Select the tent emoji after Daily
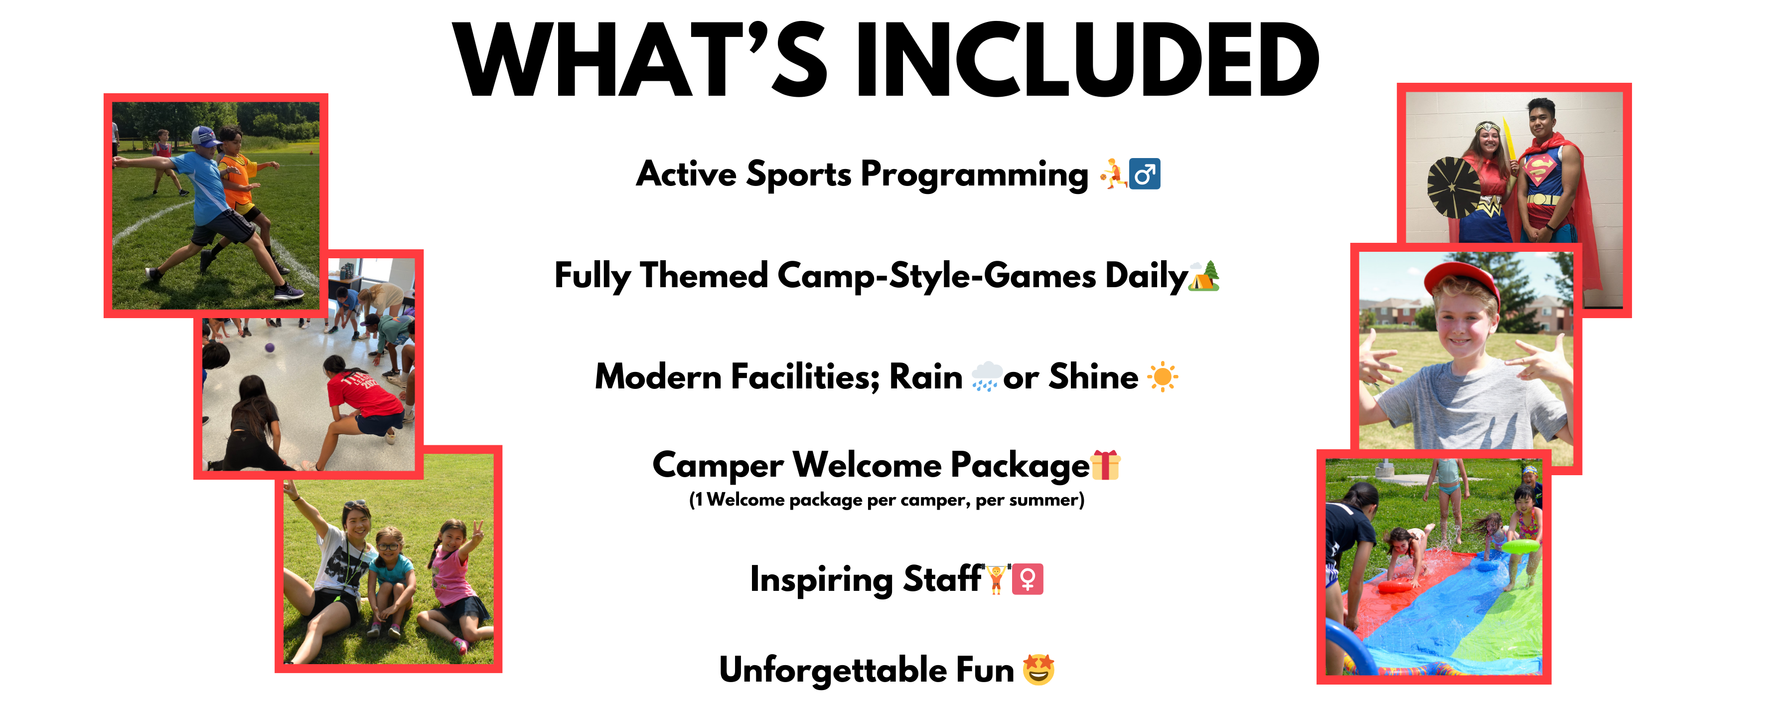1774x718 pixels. (x=1204, y=276)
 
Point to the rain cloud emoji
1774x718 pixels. (x=986, y=376)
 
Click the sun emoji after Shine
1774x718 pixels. (x=1163, y=377)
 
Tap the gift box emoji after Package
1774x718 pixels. (x=1105, y=465)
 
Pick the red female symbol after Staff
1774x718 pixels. (x=1028, y=579)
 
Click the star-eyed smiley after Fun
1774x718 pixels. (x=1038, y=670)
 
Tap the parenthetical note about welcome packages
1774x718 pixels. (x=887, y=500)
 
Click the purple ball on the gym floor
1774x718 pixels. (x=270, y=348)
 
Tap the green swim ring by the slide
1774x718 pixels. (x=1520, y=546)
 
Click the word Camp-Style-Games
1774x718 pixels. (x=937, y=276)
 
